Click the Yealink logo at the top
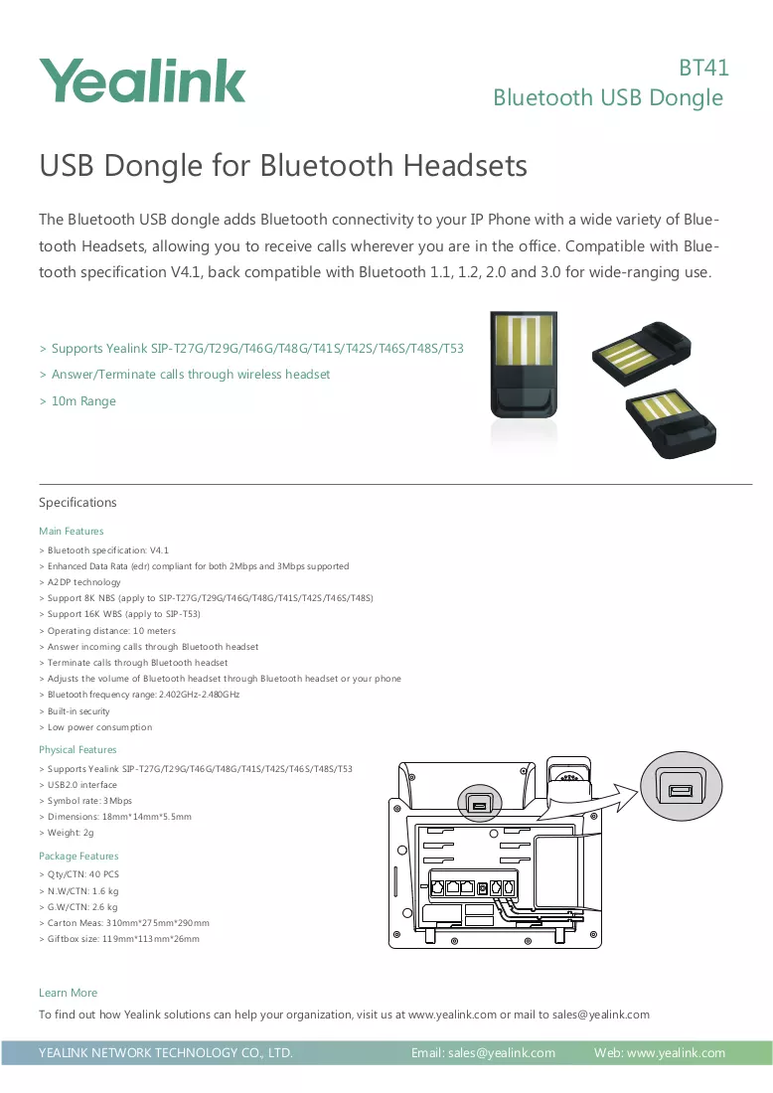pyautogui.click(x=142, y=80)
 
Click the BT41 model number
pyautogui.click(x=704, y=68)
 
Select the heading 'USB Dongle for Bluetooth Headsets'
pyautogui.click(x=283, y=166)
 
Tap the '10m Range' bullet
pyautogui.click(x=78, y=400)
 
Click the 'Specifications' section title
pyautogui.click(x=77, y=503)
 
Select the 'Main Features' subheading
pyautogui.click(x=72, y=532)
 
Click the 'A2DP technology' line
pyautogui.click(x=80, y=582)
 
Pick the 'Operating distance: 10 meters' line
pyautogui.click(x=107, y=631)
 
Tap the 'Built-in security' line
pyautogui.click(x=75, y=711)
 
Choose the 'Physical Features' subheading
pyautogui.click(x=77, y=750)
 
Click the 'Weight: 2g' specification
pyautogui.click(x=67, y=833)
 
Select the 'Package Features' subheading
pyautogui.click(x=78, y=856)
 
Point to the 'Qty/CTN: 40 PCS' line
pyautogui.click(x=79, y=874)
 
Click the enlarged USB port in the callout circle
pyautogui.click(x=681, y=791)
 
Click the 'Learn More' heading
pyautogui.click(x=68, y=993)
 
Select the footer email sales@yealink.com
pyautogui.click(x=502, y=1052)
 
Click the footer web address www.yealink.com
pyautogui.click(x=676, y=1052)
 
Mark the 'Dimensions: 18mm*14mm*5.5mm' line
pyautogui.click(x=115, y=816)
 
